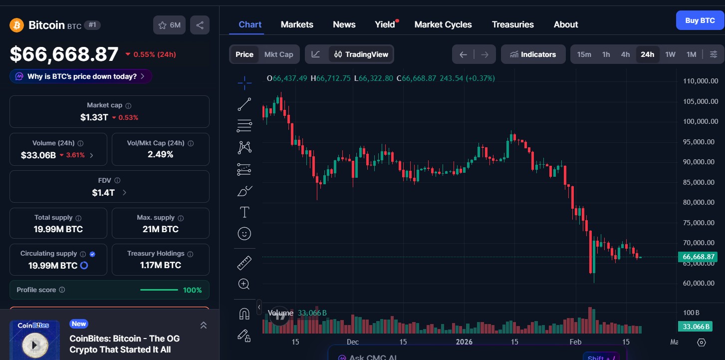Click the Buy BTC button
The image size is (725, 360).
(x=700, y=20)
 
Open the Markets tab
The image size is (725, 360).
(x=297, y=24)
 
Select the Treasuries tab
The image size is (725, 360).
(x=512, y=24)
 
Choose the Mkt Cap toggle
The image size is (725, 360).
(x=278, y=54)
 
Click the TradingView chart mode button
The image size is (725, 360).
(x=361, y=54)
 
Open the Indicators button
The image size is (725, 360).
(x=533, y=54)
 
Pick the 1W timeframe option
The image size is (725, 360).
(x=670, y=54)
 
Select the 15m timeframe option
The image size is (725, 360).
(x=584, y=54)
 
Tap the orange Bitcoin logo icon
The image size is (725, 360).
(x=16, y=25)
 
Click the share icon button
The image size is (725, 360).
(x=200, y=25)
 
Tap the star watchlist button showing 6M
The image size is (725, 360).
(x=170, y=25)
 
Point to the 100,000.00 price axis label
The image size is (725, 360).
(x=700, y=121)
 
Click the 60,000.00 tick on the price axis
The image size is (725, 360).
(x=700, y=283)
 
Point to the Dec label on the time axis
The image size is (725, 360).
(x=353, y=342)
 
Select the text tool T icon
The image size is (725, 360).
(x=244, y=213)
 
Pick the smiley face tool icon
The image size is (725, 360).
(x=244, y=234)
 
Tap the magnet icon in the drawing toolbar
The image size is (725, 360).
(x=244, y=314)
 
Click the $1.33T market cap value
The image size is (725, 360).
(x=94, y=117)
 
